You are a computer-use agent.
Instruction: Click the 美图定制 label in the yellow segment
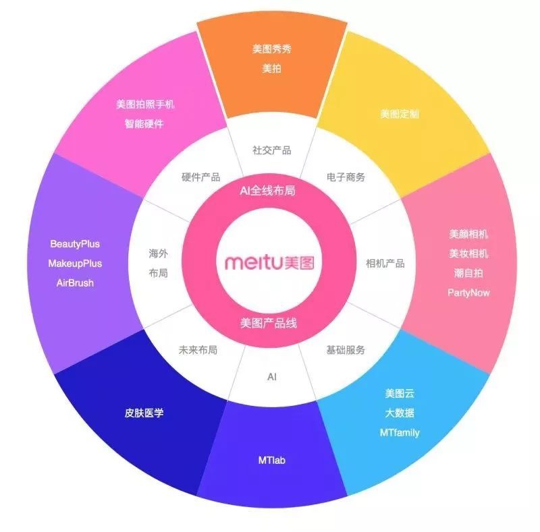click(399, 113)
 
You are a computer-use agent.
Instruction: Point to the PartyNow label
click(468, 293)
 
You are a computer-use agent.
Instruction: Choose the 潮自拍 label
click(468, 273)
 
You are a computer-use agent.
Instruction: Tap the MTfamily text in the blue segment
click(400, 432)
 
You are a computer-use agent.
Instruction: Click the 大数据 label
click(400, 413)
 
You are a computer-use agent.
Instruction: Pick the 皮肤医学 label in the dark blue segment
click(144, 413)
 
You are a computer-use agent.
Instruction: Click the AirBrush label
click(75, 283)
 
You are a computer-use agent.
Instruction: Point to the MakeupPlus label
click(75, 263)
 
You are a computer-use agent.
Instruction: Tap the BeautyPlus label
click(75, 243)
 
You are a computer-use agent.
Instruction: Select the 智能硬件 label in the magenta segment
click(144, 123)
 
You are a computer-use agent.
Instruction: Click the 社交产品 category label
click(271, 150)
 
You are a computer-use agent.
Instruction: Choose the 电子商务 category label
click(346, 177)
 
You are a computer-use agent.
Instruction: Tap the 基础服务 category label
click(346, 350)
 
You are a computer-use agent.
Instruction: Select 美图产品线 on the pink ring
click(269, 323)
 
